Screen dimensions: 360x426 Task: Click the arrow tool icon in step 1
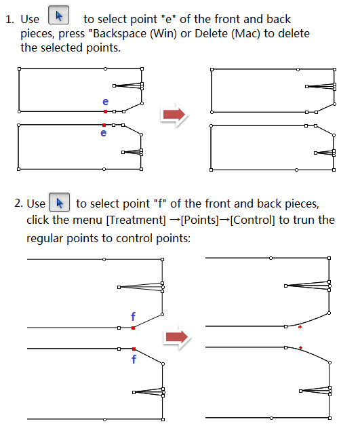(x=58, y=15)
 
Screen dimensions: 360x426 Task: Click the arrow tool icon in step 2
(x=60, y=202)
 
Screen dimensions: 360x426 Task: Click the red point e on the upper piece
(x=105, y=111)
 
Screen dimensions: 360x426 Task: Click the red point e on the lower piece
(x=104, y=125)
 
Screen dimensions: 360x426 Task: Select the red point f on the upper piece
(x=133, y=328)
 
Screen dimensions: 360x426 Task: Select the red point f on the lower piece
(x=134, y=349)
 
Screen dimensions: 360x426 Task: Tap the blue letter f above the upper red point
(x=133, y=317)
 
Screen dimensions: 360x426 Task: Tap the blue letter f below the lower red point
(x=134, y=359)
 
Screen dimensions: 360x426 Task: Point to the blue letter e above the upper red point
(x=105, y=102)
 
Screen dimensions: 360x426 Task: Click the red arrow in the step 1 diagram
(x=174, y=115)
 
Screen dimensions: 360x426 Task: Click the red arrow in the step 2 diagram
(x=177, y=337)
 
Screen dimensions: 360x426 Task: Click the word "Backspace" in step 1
(x=119, y=34)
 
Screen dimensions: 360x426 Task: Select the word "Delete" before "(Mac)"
(x=212, y=33)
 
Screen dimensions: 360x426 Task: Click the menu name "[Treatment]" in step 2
(x=136, y=220)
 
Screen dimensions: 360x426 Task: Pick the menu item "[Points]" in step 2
(x=199, y=220)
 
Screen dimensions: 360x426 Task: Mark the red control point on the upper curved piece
(x=300, y=327)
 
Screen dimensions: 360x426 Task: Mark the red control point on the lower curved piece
(x=300, y=347)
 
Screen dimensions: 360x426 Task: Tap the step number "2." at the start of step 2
(x=18, y=204)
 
